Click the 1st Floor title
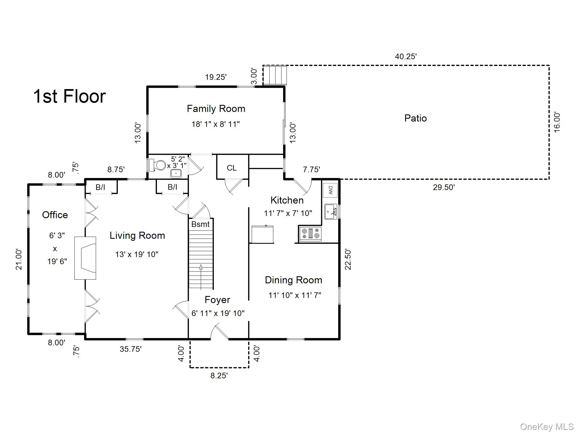[x=70, y=96]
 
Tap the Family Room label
[x=216, y=109]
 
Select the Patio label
[x=415, y=118]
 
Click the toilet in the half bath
[x=157, y=165]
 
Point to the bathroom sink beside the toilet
[x=176, y=173]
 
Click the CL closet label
[x=232, y=168]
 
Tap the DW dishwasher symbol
[x=330, y=190]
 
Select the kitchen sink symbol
[x=331, y=212]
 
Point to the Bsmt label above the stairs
[x=200, y=224]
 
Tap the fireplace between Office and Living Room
[x=85, y=258]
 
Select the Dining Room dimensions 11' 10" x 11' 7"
[x=295, y=295]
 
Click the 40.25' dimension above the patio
[x=405, y=57]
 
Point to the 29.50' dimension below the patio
[x=444, y=187]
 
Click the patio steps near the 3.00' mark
[x=275, y=75]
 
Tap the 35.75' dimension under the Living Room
[x=130, y=349]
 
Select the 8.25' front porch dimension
[x=219, y=376]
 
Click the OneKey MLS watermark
[x=547, y=427]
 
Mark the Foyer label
[x=217, y=300]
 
